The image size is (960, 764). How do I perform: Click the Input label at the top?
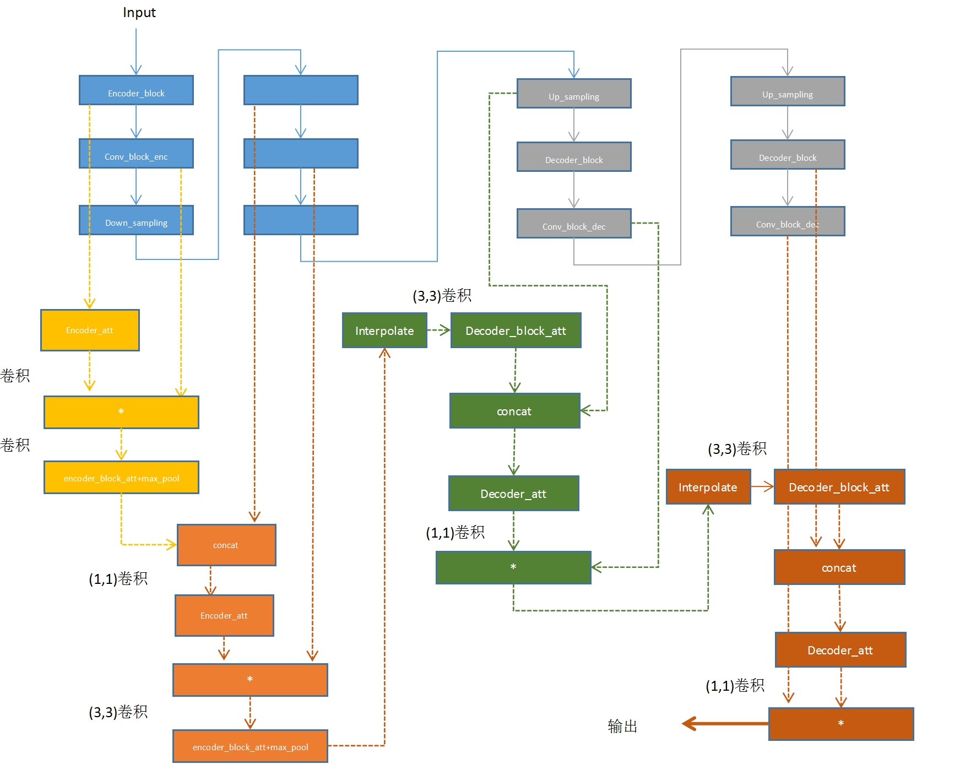point(139,13)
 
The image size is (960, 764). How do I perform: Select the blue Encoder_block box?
point(136,90)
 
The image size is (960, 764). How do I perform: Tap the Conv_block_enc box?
point(136,154)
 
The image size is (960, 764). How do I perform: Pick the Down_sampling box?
point(136,220)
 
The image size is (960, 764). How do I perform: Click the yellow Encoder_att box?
point(90,330)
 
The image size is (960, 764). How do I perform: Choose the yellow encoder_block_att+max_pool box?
point(121,478)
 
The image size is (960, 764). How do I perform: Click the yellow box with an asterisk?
point(121,412)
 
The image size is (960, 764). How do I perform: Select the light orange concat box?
point(226,545)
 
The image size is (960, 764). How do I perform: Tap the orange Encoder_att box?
point(224,615)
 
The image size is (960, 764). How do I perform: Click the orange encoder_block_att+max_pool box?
point(250,746)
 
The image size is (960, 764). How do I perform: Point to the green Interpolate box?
point(384,330)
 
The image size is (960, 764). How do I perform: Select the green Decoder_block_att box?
point(516,330)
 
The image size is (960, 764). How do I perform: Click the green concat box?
point(514,411)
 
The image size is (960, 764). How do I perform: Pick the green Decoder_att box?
point(513,494)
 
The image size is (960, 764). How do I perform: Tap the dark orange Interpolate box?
point(708,487)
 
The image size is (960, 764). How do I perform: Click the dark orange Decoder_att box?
point(840,650)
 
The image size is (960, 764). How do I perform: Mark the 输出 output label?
point(622,726)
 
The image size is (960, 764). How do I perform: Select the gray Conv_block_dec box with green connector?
point(574,224)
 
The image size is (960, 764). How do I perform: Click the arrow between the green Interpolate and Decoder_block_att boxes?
point(439,330)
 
